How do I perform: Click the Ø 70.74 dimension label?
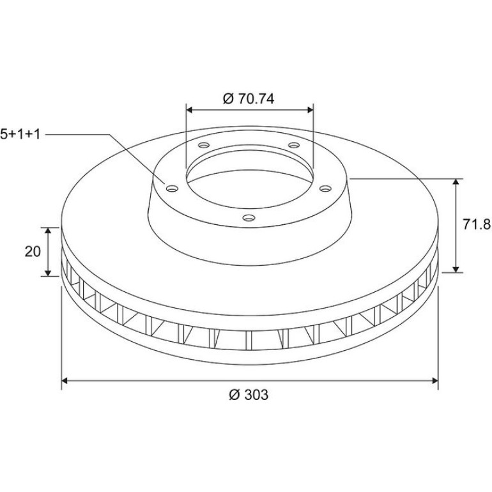[248, 98]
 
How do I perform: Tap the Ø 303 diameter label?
[249, 395]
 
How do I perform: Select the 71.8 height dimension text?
[477, 225]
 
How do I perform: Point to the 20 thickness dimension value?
[33, 251]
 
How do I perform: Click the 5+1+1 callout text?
[20, 134]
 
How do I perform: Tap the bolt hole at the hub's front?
[249, 217]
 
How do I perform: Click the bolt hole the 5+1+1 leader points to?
[172, 188]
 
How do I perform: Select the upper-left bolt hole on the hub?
[204, 145]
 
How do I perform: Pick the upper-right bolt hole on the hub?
[294, 145]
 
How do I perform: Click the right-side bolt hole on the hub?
[325, 188]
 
